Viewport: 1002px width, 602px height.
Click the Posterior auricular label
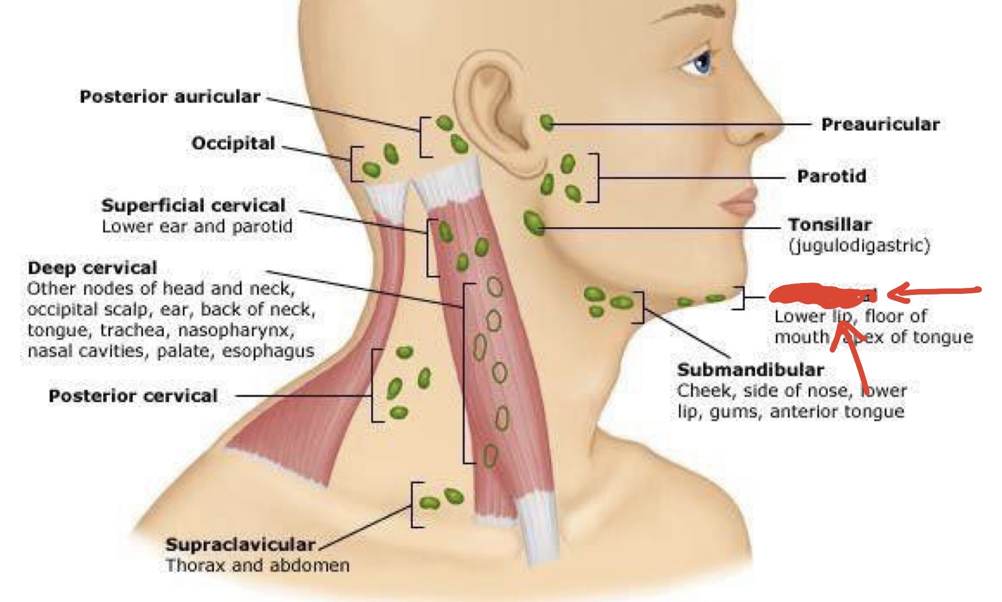pyautogui.click(x=170, y=97)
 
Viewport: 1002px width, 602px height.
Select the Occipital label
pyautogui.click(x=233, y=143)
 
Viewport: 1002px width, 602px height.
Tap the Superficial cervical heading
pyautogui.click(x=193, y=205)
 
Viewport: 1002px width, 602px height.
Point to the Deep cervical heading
pyautogui.click(x=92, y=268)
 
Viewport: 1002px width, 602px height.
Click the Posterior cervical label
pyautogui.click(x=133, y=396)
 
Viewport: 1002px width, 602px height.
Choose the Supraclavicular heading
pyautogui.click(x=240, y=544)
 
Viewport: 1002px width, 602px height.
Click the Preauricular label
pyautogui.click(x=880, y=125)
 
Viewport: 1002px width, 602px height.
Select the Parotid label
pyautogui.click(x=832, y=176)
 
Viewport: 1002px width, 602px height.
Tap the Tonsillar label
pyautogui.click(x=829, y=225)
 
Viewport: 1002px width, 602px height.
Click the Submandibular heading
pyautogui.click(x=750, y=370)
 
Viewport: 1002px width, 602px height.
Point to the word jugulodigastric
pyautogui.click(x=859, y=246)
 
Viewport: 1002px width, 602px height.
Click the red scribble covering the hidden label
pyautogui.click(x=819, y=295)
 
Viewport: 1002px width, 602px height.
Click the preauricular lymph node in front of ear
pyautogui.click(x=547, y=122)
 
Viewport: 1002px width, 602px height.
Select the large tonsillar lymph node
pyautogui.click(x=533, y=223)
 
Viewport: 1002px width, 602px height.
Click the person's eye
pyautogui.click(x=701, y=62)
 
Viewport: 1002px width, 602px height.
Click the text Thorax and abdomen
pyautogui.click(x=258, y=565)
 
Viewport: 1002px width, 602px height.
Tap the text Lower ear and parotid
pyautogui.click(x=197, y=226)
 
